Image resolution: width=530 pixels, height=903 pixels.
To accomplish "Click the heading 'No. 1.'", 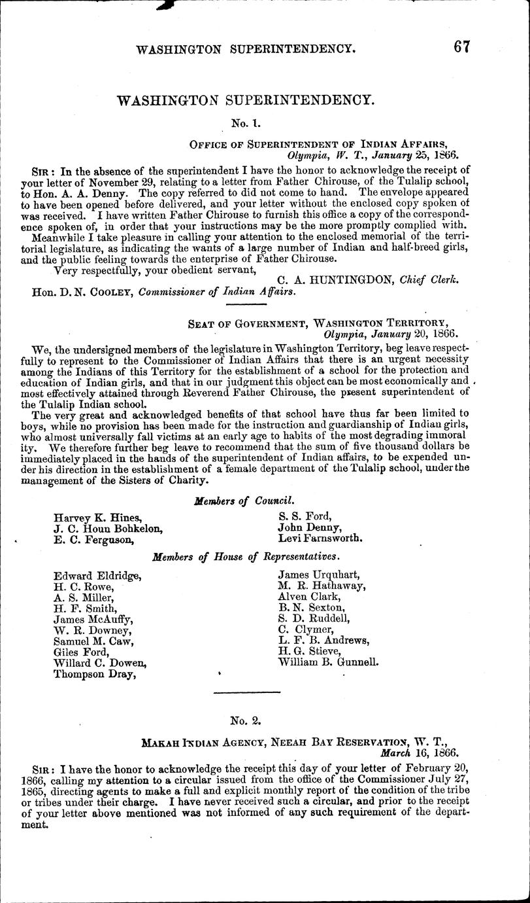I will [245, 122].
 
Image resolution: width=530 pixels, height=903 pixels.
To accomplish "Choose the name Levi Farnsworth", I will [320, 539].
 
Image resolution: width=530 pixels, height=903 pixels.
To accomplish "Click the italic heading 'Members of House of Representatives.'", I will [246, 557].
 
